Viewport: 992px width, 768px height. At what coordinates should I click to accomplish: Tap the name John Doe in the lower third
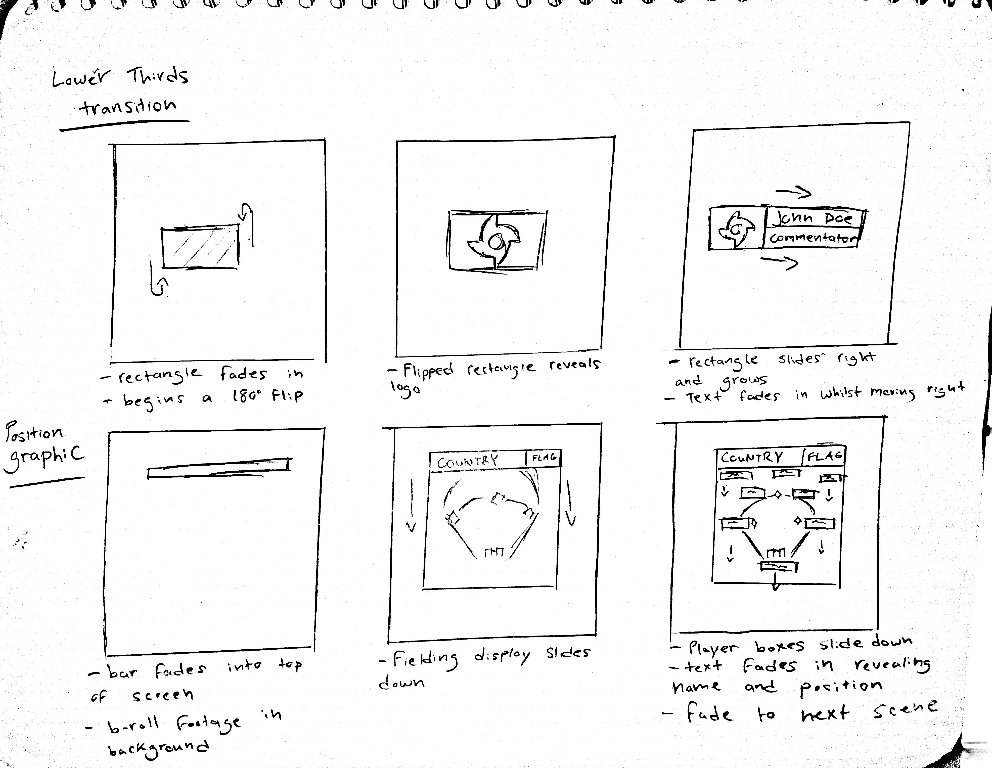tap(813, 218)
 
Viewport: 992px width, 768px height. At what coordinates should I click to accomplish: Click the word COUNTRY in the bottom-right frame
tap(752, 457)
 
